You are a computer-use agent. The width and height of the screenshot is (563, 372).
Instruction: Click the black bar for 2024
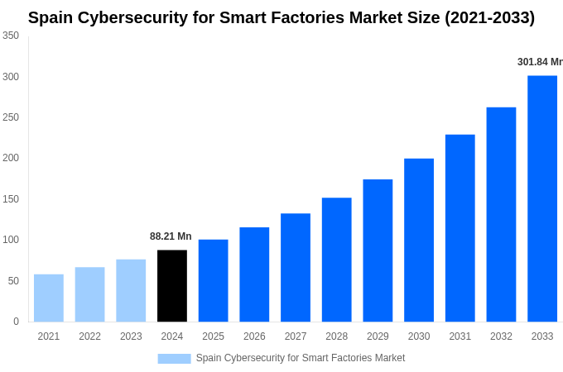coord(172,285)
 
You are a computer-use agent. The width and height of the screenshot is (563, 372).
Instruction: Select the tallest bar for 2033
coord(542,198)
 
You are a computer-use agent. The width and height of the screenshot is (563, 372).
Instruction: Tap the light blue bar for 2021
coord(49,298)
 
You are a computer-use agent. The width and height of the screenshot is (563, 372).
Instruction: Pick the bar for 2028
coord(337,260)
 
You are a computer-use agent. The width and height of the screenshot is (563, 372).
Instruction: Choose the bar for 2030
coord(419,240)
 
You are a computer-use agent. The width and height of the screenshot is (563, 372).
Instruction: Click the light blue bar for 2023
coord(131,290)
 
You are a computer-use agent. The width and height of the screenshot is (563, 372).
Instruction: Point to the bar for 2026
coord(254,274)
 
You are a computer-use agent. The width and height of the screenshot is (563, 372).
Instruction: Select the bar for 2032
coord(501,214)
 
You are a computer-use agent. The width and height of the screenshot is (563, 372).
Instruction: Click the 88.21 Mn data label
coord(171,236)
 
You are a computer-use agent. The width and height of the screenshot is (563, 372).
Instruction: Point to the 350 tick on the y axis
coord(11,36)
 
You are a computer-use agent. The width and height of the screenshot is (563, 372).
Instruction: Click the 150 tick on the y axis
coord(11,199)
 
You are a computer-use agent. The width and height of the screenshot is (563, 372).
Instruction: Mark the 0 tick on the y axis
coord(16,322)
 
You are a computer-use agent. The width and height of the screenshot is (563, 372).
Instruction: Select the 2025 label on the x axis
coord(213,336)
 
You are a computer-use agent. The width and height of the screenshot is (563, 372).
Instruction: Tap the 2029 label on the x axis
coord(378,336)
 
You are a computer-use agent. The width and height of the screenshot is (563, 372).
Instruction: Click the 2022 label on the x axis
coord(89,336)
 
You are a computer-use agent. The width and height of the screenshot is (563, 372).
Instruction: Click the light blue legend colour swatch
coord(174,358)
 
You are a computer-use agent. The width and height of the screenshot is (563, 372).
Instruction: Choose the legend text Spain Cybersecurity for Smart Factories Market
coord(301,358)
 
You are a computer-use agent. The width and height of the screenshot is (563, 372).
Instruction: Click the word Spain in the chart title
coord(51,17)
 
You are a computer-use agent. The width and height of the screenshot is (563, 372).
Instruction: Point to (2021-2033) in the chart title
coord(489,17)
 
